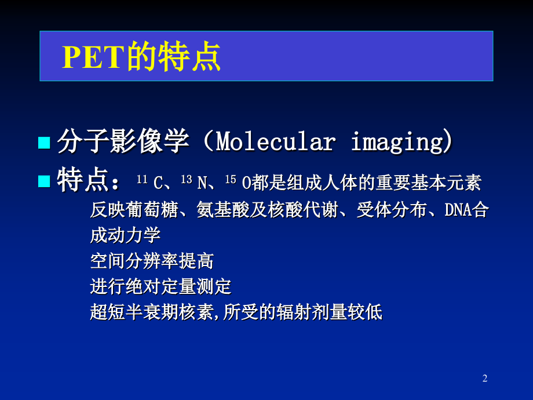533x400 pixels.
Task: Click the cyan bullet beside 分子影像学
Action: [x=44, y=143]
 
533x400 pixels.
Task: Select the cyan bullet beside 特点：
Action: [x=44, y=181]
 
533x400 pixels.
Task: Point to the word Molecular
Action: [x=276, y=143]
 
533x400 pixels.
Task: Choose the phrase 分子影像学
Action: [x=123, y=143]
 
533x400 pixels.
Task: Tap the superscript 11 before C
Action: [x=142, y=180]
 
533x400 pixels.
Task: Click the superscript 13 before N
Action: [x=186, y=180]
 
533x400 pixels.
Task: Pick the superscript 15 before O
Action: [x=230, y=180]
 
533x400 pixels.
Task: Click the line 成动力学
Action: [x=125, y=235]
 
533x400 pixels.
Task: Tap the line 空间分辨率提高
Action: [x=152, y=261]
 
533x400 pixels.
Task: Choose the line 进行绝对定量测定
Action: [x=160, y=286]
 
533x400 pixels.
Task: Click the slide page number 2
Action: [x=485, y=379]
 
